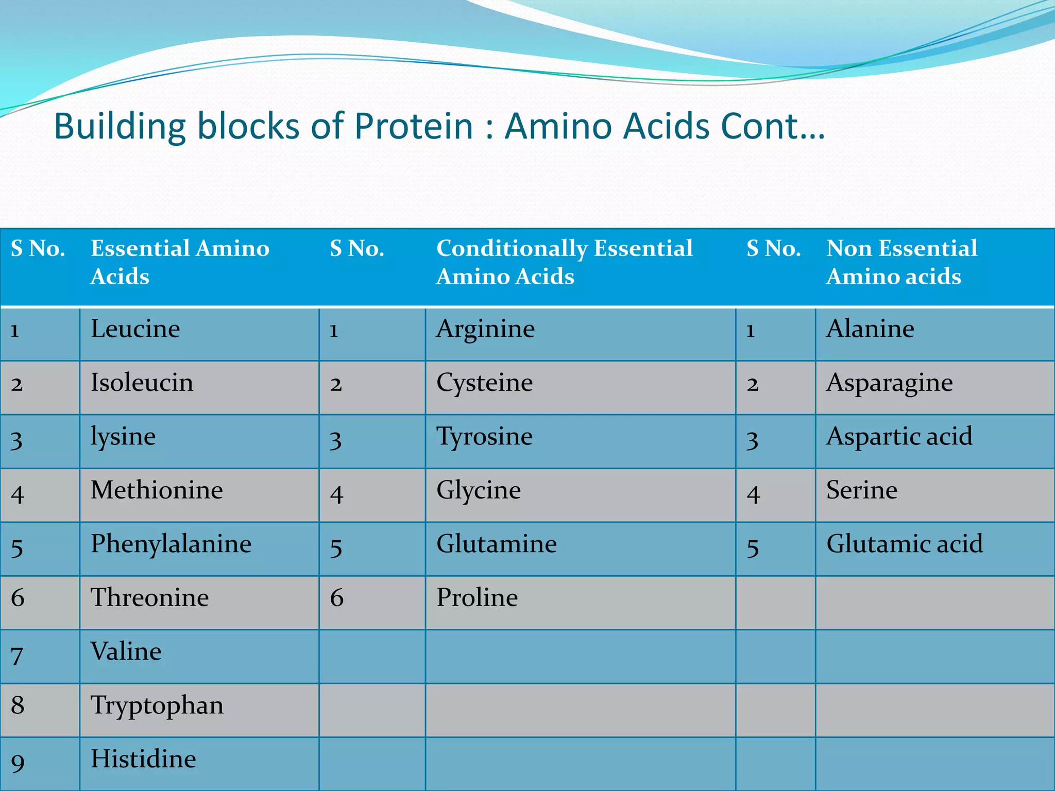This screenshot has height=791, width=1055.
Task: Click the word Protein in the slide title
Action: (413, 126)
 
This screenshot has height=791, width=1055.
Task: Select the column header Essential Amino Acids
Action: (180, 262)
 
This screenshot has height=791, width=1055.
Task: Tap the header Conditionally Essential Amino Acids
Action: (564, 262)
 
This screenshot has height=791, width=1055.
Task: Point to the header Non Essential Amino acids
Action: (901, 262)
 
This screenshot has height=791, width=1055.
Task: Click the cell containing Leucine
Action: (135, 329)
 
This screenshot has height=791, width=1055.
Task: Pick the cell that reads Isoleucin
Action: (142, 383)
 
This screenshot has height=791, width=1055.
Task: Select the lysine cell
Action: (123, 437)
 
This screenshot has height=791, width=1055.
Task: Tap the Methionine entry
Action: (157, 490)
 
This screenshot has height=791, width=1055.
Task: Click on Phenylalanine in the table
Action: (171, 544)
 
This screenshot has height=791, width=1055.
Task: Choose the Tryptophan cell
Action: (157, 706)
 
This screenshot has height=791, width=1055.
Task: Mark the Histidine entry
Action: (143, 759)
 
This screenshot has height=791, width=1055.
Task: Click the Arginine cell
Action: (485, 329)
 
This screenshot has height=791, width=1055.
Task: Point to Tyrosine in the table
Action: (484, 437)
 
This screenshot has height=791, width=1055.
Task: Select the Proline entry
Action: (477, 598)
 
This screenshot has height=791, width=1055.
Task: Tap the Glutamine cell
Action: (497, 544)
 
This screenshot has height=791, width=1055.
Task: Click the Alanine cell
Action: (870, 329)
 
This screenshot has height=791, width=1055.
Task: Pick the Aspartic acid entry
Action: (899, 437)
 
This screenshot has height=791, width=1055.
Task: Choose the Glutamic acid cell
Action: (905, 544)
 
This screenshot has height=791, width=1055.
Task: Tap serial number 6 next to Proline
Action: (336, 598)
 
